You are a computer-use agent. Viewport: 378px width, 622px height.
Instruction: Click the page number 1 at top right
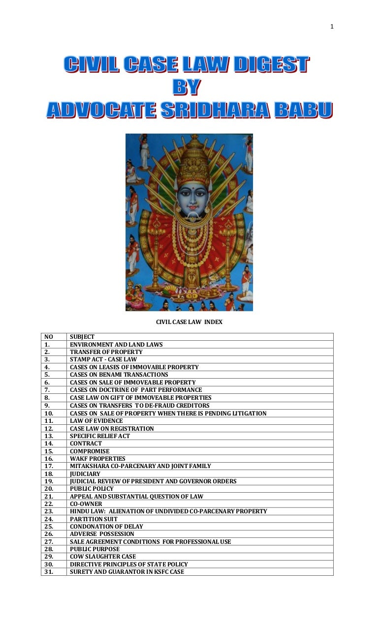coord(332,27)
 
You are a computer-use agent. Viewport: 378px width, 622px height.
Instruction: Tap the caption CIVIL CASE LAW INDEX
coord(189,322)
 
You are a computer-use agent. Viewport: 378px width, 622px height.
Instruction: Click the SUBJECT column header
coord(82,337)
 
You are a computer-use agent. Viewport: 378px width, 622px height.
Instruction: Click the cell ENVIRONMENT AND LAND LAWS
coord(116,345)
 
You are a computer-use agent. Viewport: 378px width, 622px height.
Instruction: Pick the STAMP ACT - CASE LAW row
coord(103,359)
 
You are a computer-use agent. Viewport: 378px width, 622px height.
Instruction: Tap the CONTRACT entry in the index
coord(86,444)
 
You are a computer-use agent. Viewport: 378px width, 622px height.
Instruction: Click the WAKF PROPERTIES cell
coord(97,459)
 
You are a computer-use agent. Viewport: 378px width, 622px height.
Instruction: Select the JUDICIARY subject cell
coord(85,474)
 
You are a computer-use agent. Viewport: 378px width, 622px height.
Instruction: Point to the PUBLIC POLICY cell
coord(92,489)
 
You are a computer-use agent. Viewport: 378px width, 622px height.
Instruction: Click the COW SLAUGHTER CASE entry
coord(103,557)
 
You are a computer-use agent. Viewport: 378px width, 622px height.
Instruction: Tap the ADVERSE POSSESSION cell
coord(102,534)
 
